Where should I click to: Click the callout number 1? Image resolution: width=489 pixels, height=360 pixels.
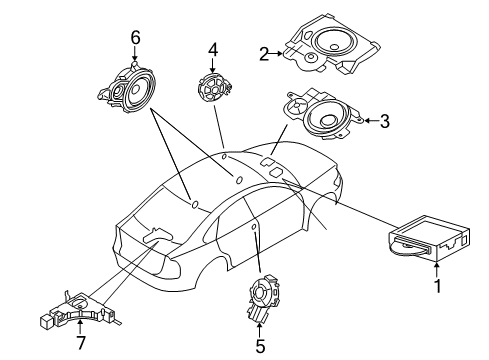click(x=438, y=286)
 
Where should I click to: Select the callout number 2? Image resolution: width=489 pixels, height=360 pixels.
click(x=264, y=54)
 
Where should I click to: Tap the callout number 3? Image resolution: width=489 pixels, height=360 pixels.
click(x=385, y=121)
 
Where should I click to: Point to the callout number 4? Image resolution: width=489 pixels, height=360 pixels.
click(x=213, y=50)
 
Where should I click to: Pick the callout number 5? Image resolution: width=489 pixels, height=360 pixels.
click(x=260, y=346)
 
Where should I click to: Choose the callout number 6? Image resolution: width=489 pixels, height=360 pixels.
click(x=135, y=38)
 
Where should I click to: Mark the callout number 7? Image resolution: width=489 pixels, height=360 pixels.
click(x=81, y=342)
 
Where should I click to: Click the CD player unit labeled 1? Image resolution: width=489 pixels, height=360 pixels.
click(x=429, y=239)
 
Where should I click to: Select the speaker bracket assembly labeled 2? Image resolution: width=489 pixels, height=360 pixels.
click(x=331, y=44)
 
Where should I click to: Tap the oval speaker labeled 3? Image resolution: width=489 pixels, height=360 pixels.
click(x=322, y=114)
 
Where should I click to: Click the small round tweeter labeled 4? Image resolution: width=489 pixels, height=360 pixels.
click(x=214, y=88)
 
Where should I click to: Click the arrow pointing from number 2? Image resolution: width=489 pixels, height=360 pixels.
click(x=276, y=53)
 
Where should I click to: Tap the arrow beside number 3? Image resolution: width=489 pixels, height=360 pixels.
click(x=371, y=121)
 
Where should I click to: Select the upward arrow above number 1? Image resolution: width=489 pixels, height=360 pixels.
click(x=437, y=270)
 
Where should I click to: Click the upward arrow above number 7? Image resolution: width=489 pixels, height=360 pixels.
click(x=80, y=326)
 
